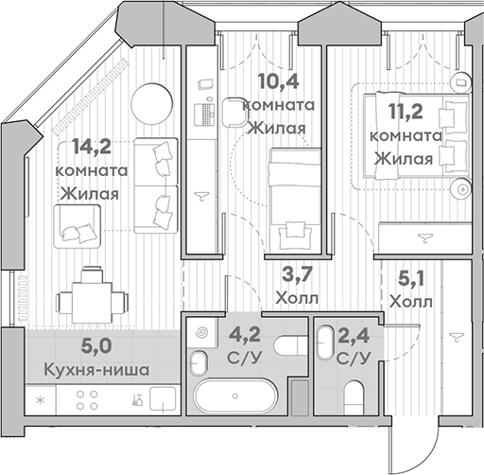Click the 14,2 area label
(x=92, y=147)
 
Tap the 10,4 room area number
(x=278, y=81)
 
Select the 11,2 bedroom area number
(x=406, y=111)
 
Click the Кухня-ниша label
(x=96, y=370)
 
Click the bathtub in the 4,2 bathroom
(x=235, y=396)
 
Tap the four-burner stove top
(x=87, y=400)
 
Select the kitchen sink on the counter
(x=163, y=398)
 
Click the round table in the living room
(x=152, y=104)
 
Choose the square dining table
(x=92, y=303)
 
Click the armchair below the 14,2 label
(x=78, y=226)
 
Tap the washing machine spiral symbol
(x=201, y=332)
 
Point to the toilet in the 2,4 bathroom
(x=354, y=397)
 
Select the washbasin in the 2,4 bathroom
(x=325, y=343)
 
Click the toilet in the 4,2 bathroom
(x=290, y=345)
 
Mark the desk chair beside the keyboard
(x=234, y=112)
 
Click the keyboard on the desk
(x=207, y=114)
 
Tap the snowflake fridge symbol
(x=41, y=400)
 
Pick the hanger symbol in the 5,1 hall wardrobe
(x=457, y=336)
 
